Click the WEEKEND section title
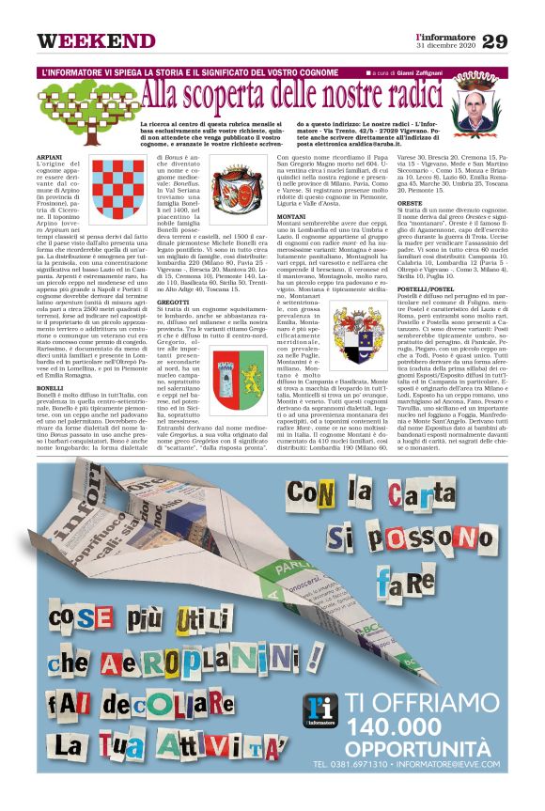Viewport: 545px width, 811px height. click(x=96, y=42)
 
